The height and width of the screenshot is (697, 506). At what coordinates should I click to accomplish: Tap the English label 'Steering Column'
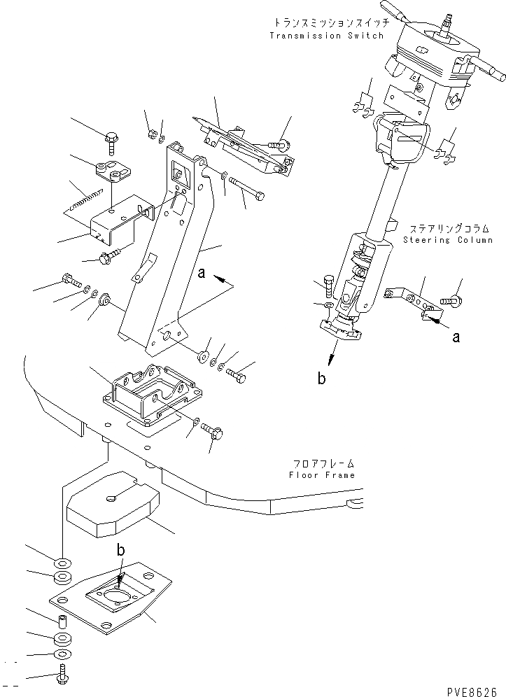point(448,239)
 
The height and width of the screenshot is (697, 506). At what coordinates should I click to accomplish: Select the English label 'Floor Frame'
point(321,475)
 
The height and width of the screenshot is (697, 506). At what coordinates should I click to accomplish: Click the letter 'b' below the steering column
point(321,379)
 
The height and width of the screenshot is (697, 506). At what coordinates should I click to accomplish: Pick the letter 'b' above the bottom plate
point(121,551)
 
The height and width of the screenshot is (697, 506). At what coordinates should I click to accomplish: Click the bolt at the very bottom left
point(61,677)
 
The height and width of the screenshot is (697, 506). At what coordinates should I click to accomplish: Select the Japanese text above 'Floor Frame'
point(321,463)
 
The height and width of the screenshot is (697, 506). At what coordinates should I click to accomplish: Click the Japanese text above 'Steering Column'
point(448,228)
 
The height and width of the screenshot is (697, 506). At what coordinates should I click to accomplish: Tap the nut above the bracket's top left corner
point(153,134)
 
